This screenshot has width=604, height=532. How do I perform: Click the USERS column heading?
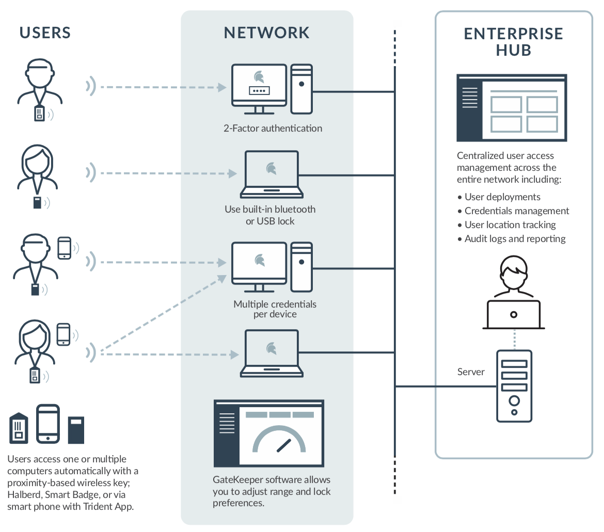tap(45, 33)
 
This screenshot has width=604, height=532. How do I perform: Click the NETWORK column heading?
tap(266, 33)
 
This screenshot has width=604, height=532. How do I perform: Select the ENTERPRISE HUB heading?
tap(513, 42)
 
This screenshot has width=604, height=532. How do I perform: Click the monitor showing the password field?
tap(259, 87)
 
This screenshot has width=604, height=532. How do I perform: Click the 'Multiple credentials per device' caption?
tap(275, 309)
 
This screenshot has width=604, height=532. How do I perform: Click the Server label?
tap(471, 372)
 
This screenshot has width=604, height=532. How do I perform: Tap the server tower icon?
tap(514, 385)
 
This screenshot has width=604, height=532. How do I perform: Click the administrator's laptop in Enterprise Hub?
tap(514, 314)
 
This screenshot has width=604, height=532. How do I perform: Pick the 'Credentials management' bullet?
tap(516, 211)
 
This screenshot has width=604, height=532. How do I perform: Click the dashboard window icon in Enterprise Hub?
tap(512, 108)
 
